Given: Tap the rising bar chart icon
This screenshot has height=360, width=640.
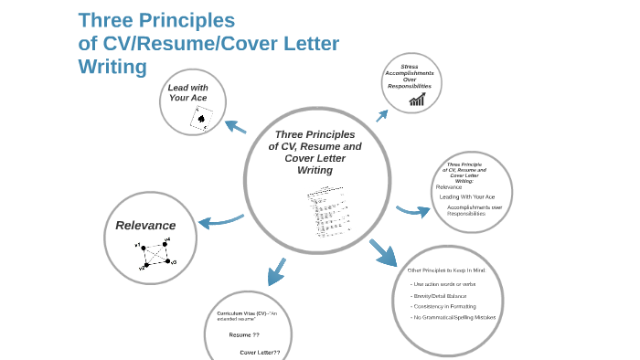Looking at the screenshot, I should [x=417, y=99].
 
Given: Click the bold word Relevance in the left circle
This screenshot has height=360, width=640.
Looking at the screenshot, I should [x=145, y=225].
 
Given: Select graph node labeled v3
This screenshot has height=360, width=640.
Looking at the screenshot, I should [x=168, y=261].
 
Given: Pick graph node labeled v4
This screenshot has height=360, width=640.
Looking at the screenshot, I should [x=165, y=243].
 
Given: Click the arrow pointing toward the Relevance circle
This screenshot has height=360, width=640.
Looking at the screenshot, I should [x=219, y=221].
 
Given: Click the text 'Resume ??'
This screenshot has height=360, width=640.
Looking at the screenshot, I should [x=244, y=334].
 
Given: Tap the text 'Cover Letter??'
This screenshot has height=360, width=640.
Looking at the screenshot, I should [x=260, y=352].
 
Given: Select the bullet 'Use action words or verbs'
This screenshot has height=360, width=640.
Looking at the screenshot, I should [x=444, y=284].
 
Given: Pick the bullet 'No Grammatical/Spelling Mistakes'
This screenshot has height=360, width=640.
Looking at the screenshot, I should [x=454, y=317].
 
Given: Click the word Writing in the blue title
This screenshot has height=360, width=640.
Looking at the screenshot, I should [x=112, y=67].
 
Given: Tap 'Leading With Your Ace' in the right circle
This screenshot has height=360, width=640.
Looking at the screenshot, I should [x=466, y=196].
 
